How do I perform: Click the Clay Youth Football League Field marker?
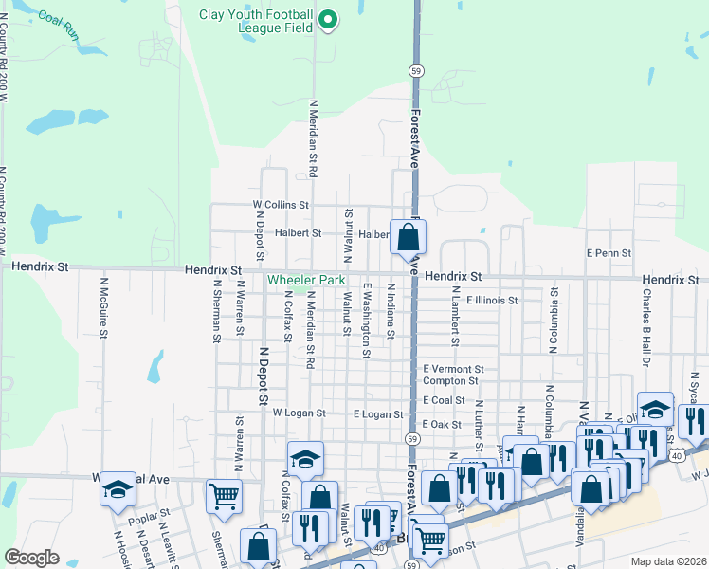(327, 20)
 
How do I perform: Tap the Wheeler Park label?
(305, 281)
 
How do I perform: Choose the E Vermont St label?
(453, 369)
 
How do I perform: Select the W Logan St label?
(299, 413)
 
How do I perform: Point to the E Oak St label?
(442, 424)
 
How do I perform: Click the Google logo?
(32, 558)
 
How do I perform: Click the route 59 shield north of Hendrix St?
(416, 71)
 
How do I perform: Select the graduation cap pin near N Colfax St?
(305, 459)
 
